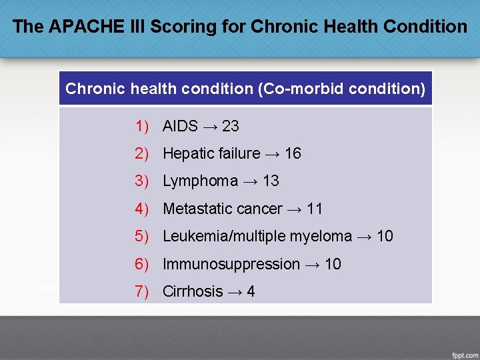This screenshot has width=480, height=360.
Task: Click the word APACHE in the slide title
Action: [x=77, y=27]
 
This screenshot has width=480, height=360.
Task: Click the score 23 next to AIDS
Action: [x=230, y=126]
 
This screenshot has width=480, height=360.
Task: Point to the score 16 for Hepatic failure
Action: [x=293, y=153]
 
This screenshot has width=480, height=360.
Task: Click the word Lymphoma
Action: [x=200, y=181]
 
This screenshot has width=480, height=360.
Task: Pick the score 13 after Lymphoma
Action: [x=271, y=181]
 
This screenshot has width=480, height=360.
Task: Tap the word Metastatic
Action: [x=194, y=209]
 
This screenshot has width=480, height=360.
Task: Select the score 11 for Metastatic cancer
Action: [x=315, y=209]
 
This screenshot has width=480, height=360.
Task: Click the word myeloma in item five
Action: [x=323, y=236]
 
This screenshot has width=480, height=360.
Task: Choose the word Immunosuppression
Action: [x=231, y=264]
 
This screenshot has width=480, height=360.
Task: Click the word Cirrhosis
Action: [x=193, y=291]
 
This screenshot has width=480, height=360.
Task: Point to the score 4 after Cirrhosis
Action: [x=251, y=291]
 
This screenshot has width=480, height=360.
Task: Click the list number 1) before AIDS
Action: [x=141, y=126]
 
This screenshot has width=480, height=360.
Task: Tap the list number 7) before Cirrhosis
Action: [x=141, y=291]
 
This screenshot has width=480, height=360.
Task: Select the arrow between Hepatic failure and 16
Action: [x=272, y=153]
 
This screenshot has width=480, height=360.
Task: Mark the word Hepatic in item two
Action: [x=188, y=153]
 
